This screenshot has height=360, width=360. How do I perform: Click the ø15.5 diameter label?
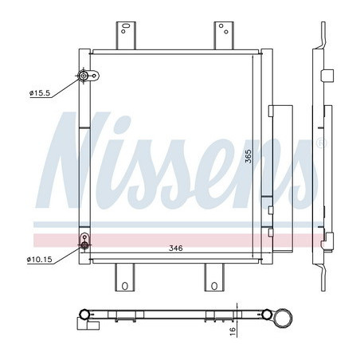coord(40,93)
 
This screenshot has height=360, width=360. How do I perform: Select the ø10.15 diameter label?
coord(40,260)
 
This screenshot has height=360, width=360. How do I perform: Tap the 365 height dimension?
coord(248,156)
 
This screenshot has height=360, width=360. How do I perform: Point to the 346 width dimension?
coord(176,248)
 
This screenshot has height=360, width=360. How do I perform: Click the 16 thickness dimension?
coord(233,331)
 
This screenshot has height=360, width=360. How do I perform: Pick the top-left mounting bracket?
coord(126,36)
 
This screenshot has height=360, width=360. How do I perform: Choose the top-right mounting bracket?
coord(224,36)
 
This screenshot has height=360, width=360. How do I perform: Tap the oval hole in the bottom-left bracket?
coord(125,286)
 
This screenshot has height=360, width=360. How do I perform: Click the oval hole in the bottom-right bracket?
coord(214,286)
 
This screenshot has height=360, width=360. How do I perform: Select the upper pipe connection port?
coord(84,76)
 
